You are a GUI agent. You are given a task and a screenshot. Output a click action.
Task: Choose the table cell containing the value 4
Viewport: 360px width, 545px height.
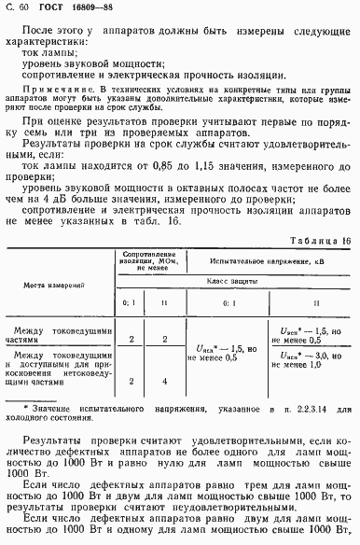[164, 380]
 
